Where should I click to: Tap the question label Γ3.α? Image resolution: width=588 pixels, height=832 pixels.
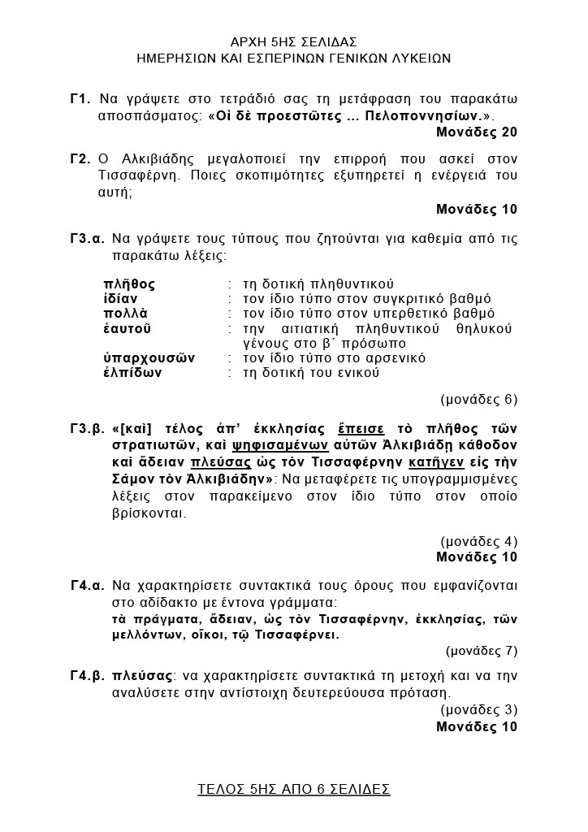[87, 240]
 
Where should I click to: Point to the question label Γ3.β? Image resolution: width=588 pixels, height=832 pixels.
[87, 429]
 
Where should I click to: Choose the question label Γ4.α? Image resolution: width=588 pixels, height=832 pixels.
[87, 586]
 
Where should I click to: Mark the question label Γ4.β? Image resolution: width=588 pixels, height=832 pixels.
[87, 676]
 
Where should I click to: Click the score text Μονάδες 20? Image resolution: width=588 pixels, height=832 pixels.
[476, 132]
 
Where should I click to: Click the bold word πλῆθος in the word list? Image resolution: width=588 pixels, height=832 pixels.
[129, 284]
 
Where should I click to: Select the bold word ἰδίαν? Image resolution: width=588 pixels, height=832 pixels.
[120, 299]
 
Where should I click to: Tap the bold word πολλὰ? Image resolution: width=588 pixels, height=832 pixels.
[125, 314]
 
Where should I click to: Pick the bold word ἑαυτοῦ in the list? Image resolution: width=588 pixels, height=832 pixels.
[128, 329]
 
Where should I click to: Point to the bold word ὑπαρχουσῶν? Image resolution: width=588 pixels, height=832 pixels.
[149, 358]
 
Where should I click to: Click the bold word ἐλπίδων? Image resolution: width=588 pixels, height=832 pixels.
[132, 373]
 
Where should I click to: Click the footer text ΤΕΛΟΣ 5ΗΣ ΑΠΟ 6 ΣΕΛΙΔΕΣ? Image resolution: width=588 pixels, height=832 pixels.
[294, 789]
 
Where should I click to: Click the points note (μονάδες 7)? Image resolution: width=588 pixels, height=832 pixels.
[481, 650]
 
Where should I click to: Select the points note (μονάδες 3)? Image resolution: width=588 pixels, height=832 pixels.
[481, 710]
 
